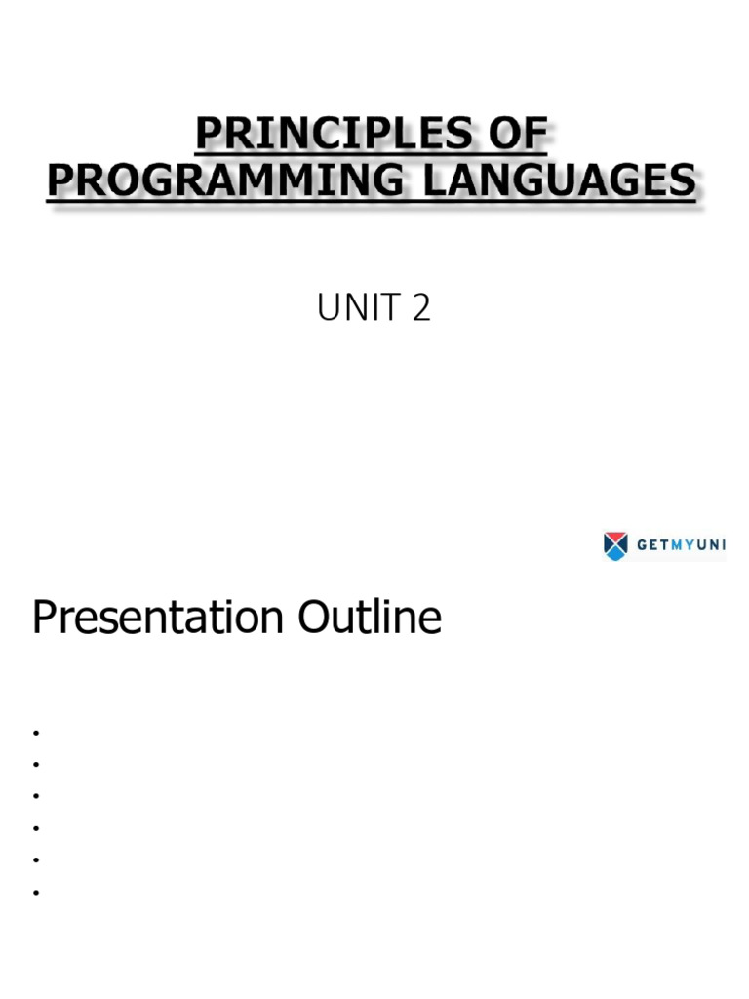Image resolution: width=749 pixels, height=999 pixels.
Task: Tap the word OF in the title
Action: coord(516,135)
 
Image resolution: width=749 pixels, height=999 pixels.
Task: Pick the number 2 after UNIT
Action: coord(421,309)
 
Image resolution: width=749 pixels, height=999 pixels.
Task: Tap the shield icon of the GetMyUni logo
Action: coord(615,545)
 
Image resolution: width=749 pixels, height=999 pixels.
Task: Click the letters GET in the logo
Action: coord(652,546)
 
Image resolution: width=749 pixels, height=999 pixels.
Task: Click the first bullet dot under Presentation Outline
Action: coord(35,732)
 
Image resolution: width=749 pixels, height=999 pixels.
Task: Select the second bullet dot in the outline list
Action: coord(35,764)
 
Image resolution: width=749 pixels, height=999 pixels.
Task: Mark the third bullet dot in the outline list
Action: coord(35,796)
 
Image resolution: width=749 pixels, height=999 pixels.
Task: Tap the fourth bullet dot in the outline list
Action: coord(35,828)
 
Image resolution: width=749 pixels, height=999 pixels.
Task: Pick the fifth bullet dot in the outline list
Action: coord(35,860)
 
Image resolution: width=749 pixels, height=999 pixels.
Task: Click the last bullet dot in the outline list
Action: coord(35,893)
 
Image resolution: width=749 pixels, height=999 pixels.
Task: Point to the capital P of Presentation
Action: coord(43,618)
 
